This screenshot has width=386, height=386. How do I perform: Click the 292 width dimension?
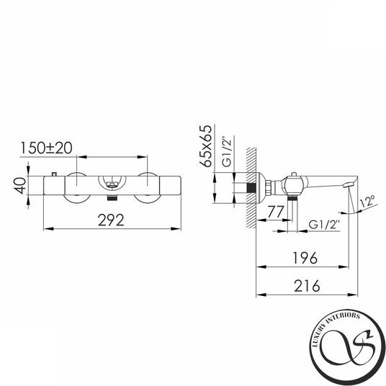[111, 220]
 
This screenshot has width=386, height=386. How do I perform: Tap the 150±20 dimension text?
[46, 148]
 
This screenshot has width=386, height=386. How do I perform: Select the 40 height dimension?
[19, 186]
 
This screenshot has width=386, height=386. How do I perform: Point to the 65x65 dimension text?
[205, 146]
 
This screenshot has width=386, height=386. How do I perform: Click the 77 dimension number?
[276, 212]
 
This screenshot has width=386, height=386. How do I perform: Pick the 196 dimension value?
[305, 258]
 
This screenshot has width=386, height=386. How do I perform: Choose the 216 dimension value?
[307, 286]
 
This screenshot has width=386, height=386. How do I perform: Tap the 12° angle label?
[367, 202]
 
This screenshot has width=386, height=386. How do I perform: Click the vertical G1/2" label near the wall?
[228, 151]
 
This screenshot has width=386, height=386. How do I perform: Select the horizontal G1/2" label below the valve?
[324, 225]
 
